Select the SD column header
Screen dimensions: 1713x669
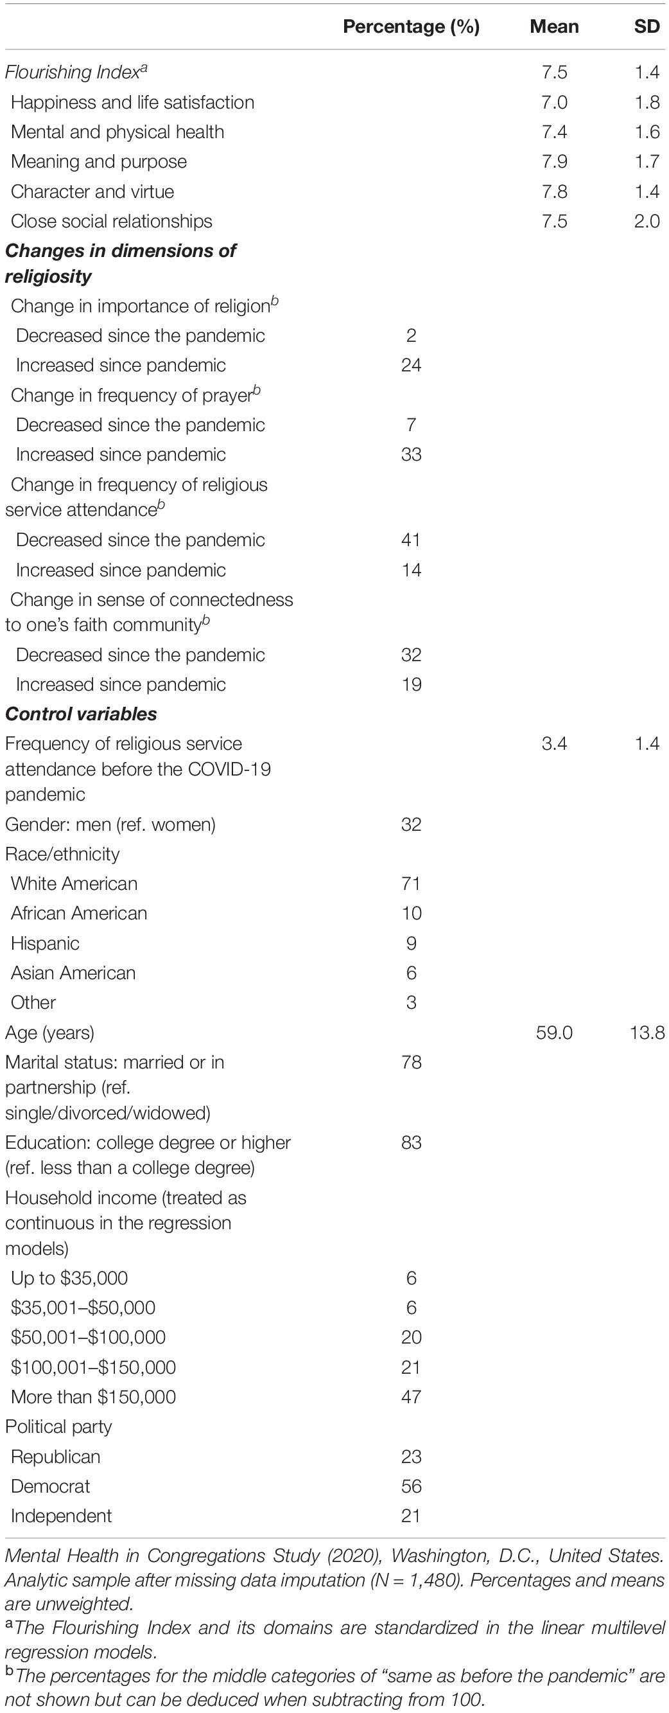pos(647,26)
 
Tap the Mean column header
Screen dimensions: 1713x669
pos(554,26)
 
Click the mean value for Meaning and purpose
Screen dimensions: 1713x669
pos(554,161)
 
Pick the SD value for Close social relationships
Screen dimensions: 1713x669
pos(647,222)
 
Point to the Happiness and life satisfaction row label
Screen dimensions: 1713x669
pos(132,102)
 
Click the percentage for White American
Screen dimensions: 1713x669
pos(412,883)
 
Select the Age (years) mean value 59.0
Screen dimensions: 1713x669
pos(554,1033)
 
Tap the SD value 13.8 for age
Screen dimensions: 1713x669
pos(647,1033)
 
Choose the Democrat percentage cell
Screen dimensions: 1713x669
pos(412,1486)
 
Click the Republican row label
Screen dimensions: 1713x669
pos(55,1457)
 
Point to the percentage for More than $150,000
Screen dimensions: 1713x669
pos(412,1396)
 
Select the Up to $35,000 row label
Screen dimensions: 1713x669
pos(69,1278)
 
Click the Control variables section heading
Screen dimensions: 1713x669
pos(81,714)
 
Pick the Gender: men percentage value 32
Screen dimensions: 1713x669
pos(412,824)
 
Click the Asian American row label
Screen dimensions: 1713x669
pos(73,973)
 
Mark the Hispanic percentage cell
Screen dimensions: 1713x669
pos(412,944)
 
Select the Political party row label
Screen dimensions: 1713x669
pos(58,1426)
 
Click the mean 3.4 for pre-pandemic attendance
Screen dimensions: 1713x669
pos(554,744)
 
